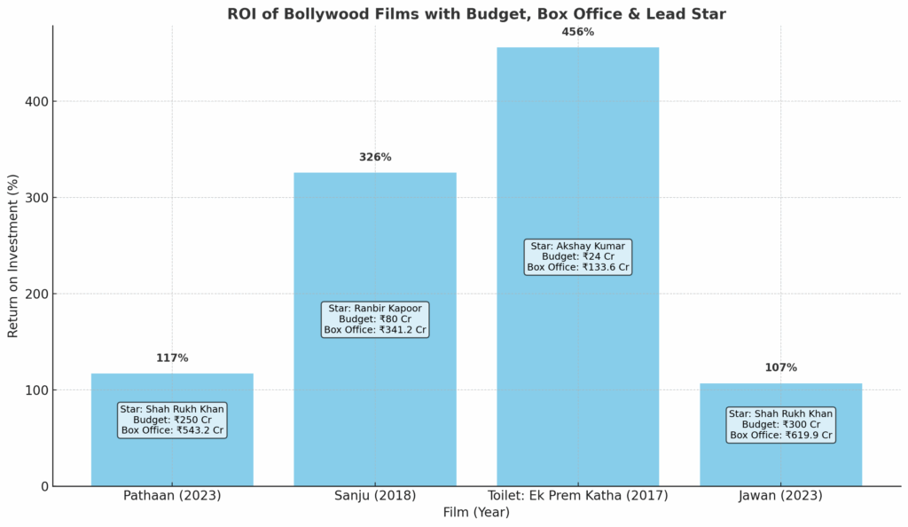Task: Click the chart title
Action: point(476,13)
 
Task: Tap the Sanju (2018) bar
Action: point(375,240)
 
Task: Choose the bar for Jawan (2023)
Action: point(780,461)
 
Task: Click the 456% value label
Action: point(577,32)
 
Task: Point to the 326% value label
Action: point(375,157)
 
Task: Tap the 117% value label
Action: point(172,358)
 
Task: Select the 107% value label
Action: point(780,367)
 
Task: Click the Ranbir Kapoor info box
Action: point(375,319)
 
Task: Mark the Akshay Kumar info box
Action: point(577,256)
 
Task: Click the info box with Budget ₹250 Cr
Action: point(172,420)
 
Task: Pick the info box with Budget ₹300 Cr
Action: point(780,425)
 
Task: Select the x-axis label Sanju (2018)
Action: point(375,496)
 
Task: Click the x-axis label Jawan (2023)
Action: point(780,496)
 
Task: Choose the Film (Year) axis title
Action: point(476,513)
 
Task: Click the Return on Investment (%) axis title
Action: point(13,256)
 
